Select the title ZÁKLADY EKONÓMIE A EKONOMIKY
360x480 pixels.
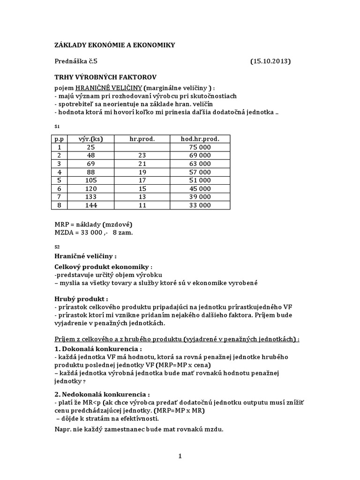coord(115,45)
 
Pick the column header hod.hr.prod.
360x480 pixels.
coord(200,138)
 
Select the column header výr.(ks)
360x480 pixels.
coord(90,138)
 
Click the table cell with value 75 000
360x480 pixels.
coord(200,147)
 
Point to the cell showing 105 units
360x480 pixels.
coord(90,180)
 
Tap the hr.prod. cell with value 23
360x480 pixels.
coord(142,155)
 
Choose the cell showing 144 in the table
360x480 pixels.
coord(90,205)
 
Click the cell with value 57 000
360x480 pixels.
coord(200,172)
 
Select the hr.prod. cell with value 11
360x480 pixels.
coord(142,205)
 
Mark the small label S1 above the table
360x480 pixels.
coord(57,127)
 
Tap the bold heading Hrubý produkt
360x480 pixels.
coord(81,299)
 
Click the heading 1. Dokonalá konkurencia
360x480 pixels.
coord(98,349)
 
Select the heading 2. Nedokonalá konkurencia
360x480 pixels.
coord(103,394)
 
